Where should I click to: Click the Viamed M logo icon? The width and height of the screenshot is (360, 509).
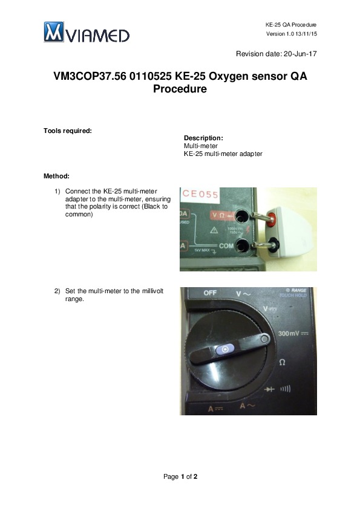pos(54,32)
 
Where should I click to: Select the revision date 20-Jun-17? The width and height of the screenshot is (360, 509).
pos(300,54)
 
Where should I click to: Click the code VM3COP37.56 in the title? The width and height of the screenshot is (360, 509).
pos(90,76)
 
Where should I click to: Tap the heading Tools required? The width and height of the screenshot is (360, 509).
pos(68,131)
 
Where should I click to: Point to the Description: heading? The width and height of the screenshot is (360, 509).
pos(203,138)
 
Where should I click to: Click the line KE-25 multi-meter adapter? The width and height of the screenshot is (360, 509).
pos(223,154)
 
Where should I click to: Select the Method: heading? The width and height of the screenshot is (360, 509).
pos(56,177)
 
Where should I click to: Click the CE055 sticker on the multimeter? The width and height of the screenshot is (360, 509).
pos(200,194)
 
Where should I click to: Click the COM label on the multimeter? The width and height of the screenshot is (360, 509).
pos(226,246)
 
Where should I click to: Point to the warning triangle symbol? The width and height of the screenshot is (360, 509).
pos(214,230)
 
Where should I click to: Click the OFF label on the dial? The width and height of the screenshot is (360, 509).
pos(210,293)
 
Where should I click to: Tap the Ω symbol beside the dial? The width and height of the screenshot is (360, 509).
pos(282,362)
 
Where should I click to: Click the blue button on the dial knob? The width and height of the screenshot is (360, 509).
pos(225,349)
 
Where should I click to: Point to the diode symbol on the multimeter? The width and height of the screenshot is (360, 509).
pos(269,389)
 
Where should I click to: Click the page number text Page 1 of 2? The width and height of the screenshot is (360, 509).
pos(180,476)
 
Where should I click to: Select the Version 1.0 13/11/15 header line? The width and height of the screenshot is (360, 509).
pos(292,34)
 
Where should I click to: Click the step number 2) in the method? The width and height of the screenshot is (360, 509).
pos(57,291)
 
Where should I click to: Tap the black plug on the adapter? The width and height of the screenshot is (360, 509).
pos(275,244)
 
